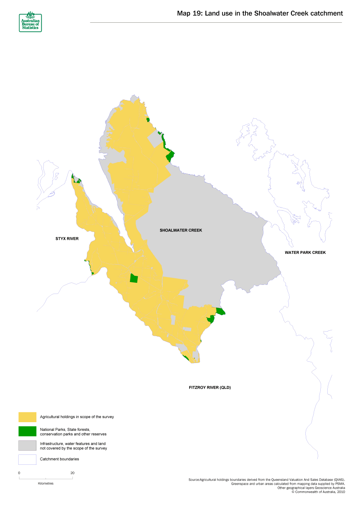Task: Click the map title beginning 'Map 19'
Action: click(259, 14)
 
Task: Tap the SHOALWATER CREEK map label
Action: click(181, 230)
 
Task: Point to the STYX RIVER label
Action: click(67, 239)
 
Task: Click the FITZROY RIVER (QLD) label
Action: click(209, 387)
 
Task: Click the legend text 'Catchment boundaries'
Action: click(59, 459)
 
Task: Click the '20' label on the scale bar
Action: click(72, 473)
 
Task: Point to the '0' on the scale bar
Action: click(19, 473)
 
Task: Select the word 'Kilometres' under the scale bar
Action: click(46, 483)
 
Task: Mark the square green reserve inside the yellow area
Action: click(134, 278)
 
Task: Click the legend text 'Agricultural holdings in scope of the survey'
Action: click(77, 417)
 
